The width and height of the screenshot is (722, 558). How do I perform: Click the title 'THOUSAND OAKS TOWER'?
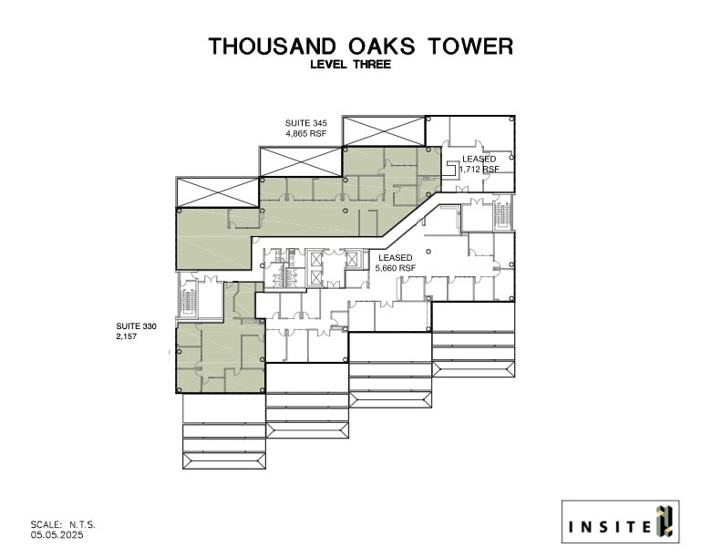(360, 46)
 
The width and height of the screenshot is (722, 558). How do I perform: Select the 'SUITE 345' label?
(306, 122)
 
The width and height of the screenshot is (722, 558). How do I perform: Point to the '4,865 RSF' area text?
(306, 133)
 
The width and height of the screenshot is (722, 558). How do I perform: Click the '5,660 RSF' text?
(396, 269)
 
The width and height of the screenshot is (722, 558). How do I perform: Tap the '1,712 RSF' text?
(480, 170)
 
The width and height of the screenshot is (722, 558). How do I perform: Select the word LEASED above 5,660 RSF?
(396, 258)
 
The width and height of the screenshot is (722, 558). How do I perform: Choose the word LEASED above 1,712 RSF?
(480, 159)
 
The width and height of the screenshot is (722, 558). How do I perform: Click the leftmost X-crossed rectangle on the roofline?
(217, 192)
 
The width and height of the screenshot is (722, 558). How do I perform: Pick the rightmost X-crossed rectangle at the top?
(384, 130)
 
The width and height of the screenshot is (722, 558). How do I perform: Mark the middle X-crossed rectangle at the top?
(301, 161)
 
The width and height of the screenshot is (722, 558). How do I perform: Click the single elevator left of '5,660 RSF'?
(353, 258)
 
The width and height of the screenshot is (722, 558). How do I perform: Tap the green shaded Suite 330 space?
(219, 351)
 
